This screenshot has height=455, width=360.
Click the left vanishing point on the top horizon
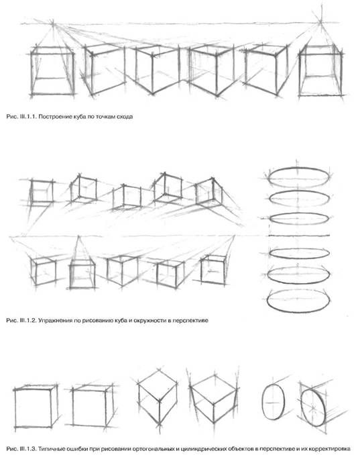(x=53, y=22)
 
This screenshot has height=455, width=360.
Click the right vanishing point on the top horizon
(x=320, y=21)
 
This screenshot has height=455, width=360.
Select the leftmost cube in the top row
(x=52, y=71)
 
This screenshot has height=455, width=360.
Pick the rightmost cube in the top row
(x=321, y=70)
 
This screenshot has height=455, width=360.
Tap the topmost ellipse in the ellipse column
(x=298, y=177)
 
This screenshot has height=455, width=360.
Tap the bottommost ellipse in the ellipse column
(x=298, y=301)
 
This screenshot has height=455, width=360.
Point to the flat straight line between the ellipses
(x=299, y=236)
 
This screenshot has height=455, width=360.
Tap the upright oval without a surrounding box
(x=274, y=402)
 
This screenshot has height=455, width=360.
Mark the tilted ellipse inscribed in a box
(x=314, y=407)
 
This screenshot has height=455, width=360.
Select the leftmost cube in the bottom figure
(x=36, y=406)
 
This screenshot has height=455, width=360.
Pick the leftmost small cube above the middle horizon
(x=42, y=192)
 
